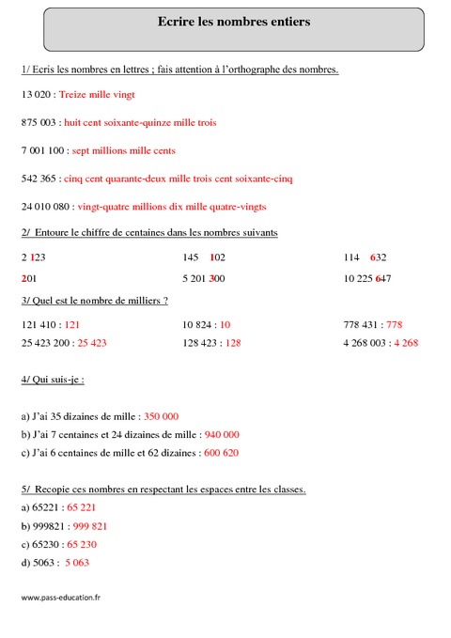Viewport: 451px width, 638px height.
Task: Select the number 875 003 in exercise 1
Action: (x=38, y=123)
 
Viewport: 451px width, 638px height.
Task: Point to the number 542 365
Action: (x=37, y=178)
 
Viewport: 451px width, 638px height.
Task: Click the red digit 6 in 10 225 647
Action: (x=377, y=278)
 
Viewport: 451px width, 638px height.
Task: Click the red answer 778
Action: (x=395, y=324)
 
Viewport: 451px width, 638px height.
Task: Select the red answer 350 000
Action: (x=162, y=415)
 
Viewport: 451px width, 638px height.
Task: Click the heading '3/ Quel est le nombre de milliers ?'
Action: (x=94, y=301)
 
